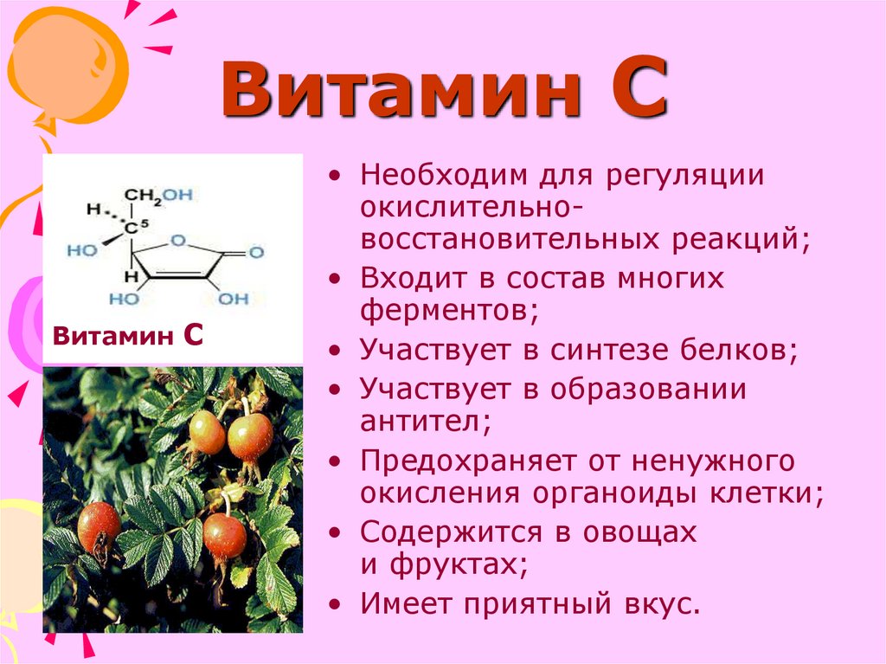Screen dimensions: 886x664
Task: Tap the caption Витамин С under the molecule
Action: (128, 335)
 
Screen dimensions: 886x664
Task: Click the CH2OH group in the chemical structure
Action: (159, 196)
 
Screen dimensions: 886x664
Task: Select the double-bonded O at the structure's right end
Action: (256, 252)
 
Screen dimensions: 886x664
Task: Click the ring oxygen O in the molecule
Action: (178, 241)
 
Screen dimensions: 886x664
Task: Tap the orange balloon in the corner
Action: (67, 67)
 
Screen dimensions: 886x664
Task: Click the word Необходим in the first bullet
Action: (444, 175)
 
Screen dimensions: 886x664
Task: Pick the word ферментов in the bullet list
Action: (449, 311)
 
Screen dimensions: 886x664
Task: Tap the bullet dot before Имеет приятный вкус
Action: (335, 605)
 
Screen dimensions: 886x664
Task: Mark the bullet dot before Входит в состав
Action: (335, 279)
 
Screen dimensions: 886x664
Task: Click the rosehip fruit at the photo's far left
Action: (99, 530)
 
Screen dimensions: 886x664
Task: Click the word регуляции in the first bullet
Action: (685, 176)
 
